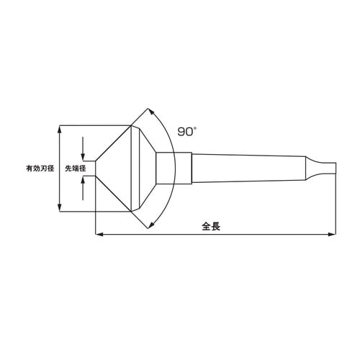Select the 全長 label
[x=210, y=225]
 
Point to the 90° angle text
[x=186, y=132]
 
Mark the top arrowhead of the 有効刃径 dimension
[x=60, y=129]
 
